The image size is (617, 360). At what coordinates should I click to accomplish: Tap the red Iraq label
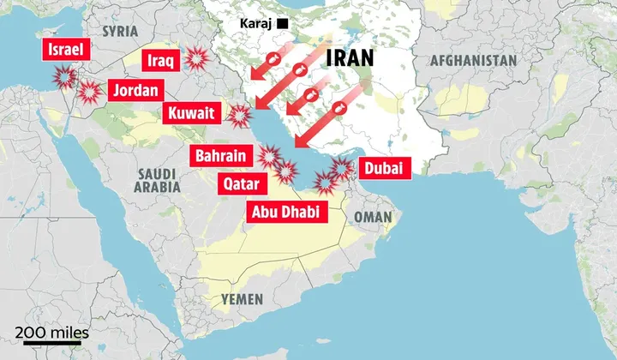(x=161, y=61)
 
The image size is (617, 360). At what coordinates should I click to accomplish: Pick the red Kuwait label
(x=194, y=113)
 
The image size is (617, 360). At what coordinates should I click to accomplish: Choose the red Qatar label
(x=243, y=183)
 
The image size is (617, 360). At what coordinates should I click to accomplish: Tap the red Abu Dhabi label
(x=288, y=212)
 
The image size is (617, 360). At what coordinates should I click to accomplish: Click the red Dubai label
(x=382, y=168)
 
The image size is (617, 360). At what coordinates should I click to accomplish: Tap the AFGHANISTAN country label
(x=474, y=61)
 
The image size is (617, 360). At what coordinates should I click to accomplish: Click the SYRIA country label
(x=120, y=31)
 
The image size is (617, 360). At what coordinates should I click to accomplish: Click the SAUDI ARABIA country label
(x=159, y=179)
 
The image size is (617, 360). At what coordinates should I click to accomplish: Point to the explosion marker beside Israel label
(x=63, y=78)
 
